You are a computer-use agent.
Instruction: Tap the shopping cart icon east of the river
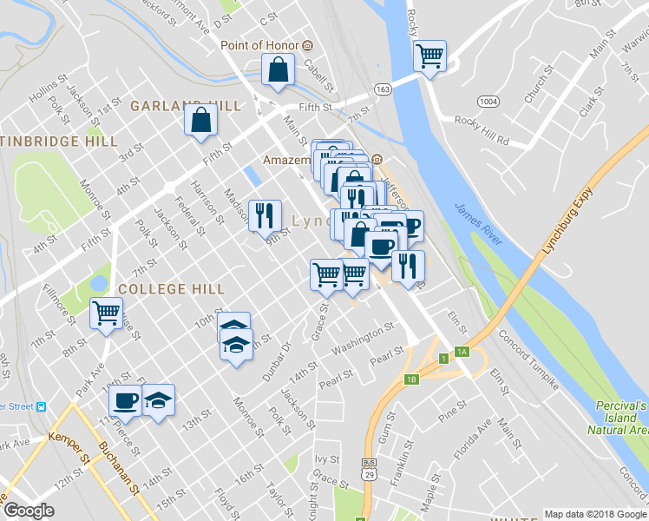[x=430, y=56]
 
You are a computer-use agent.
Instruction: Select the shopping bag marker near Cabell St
[x=277, y=73]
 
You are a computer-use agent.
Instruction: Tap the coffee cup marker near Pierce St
[x=126, y=400]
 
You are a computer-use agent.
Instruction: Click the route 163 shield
[x=383, y=89]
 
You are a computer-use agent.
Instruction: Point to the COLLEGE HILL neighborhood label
[x=172, y=289]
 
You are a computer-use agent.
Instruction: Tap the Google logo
[x=29, y=511]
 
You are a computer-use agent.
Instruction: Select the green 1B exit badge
[x=412, y=379]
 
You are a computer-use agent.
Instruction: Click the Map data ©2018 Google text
[x=595, y=514]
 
